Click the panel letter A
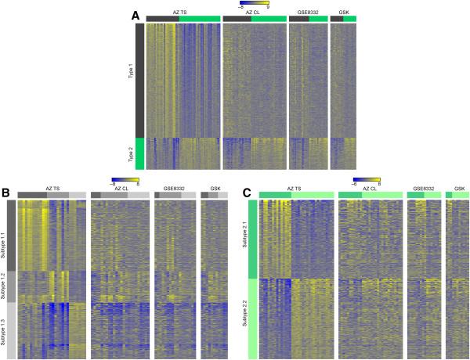135,16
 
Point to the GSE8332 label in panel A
308,13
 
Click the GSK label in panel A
343,13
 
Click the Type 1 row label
130,78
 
